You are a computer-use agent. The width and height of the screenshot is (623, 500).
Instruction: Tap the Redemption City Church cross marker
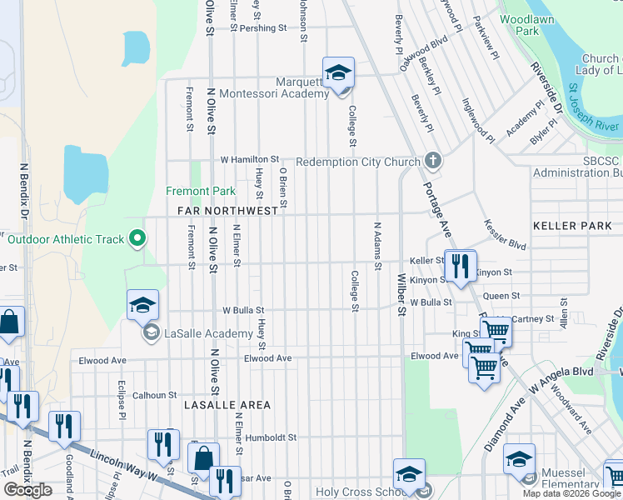coord(431,160)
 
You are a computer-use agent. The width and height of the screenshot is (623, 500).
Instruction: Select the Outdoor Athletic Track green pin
coord(139,240)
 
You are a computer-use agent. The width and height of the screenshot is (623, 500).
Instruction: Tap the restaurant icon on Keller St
coord(459,265)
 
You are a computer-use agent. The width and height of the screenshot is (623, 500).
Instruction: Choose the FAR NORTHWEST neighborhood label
coord(227,212)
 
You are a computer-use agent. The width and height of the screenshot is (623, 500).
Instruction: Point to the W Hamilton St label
coord(249,159)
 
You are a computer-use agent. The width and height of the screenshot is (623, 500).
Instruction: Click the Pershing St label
coord(262,27)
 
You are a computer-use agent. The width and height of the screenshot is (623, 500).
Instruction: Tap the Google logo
coord(27,489)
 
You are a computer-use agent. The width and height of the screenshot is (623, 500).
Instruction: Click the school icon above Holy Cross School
coord(409,475)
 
